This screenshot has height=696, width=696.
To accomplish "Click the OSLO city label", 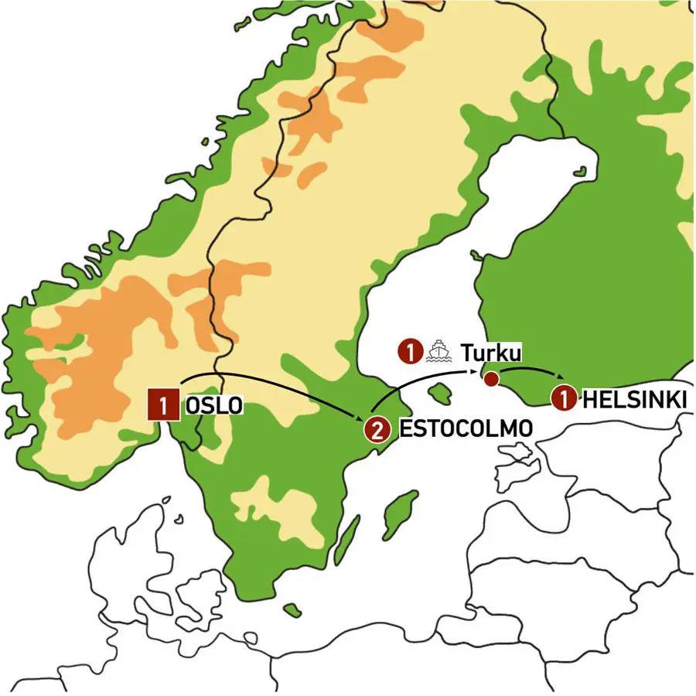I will pos(213,405).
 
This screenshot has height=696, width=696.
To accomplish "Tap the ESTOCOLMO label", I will pos(466,429).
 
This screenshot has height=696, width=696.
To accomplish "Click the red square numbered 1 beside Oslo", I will pos(164,404).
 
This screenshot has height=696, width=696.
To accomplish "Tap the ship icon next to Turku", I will pos(438,352).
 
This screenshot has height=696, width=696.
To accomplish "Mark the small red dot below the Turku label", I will pos(490,379).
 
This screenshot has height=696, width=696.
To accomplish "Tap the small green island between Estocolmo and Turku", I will pos(440,394).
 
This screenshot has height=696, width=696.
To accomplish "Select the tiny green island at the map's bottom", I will pos(292,611).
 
